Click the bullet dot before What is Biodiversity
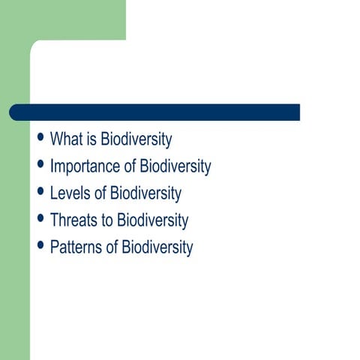coord(40,139)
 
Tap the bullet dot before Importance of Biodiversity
coord(40,166)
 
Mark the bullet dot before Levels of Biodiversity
coord(40,193)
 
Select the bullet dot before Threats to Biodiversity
coord(40,220)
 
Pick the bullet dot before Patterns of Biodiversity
coord(40,247)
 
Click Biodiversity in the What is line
coord(136,139)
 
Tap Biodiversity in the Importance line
coord(175,166)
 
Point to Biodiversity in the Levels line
coord(145,193)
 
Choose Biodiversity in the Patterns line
coord(157,247)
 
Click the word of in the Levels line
coord(98,193)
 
